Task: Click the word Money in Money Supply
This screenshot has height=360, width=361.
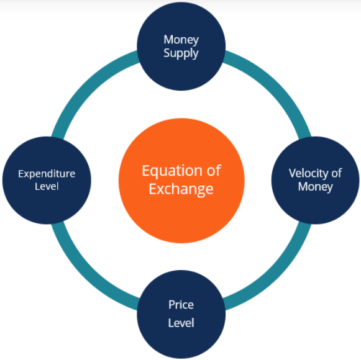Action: coord(181,40)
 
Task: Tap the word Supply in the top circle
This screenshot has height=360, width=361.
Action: coord(181,53)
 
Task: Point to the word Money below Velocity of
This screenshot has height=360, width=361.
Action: coord(316,187)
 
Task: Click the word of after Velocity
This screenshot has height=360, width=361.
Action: coord(337,173)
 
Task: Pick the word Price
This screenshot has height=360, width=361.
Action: coord(181,305)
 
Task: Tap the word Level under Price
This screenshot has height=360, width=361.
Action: coord(181,323)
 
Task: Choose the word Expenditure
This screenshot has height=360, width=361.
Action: coord(47,174)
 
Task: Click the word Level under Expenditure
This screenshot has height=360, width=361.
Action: coord(47,186)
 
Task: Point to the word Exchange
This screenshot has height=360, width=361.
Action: coord(181,189)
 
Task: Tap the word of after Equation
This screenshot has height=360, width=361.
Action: coord(214,171)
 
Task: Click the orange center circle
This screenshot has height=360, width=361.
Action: coord(181,181)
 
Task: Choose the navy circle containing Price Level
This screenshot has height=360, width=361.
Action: coord(181,314)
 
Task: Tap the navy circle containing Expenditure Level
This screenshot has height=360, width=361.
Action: coord(47,181)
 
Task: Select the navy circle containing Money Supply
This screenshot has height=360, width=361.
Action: coord(181,46)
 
